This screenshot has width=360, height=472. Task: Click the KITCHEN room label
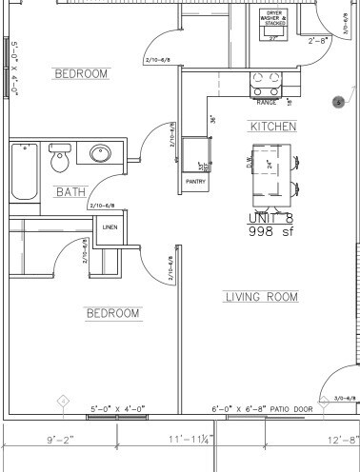click(x=273, y=127)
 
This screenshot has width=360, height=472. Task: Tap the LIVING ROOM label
click(x=261, y=297)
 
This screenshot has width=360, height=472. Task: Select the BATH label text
click(x=70, y=191)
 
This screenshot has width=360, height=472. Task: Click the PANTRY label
click(x=196, y=181)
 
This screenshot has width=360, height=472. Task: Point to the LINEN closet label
click(x=109, y=227)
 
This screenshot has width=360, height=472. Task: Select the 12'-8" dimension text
click(x=341, y=441)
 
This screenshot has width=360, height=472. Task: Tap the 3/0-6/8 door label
click(x=347, y=399)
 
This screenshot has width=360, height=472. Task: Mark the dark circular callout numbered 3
click(x=337, y=101)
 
